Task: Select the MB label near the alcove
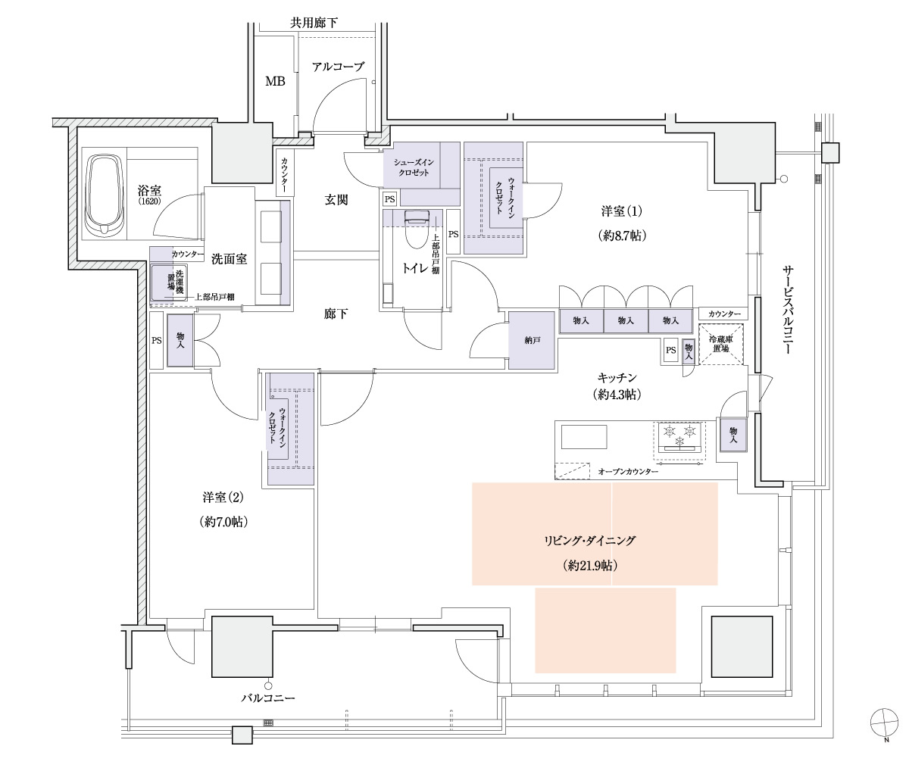point(274,81)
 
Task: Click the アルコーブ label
point(338,67)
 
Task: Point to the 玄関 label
point(336,200)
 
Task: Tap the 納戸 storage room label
point(533,341)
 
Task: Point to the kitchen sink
point(583,438)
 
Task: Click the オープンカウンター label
point(628,472)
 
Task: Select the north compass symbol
point(883,721)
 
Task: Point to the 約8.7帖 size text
point(622,236)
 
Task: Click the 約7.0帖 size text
point(223,521)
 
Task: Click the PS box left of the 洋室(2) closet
point(157,341)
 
